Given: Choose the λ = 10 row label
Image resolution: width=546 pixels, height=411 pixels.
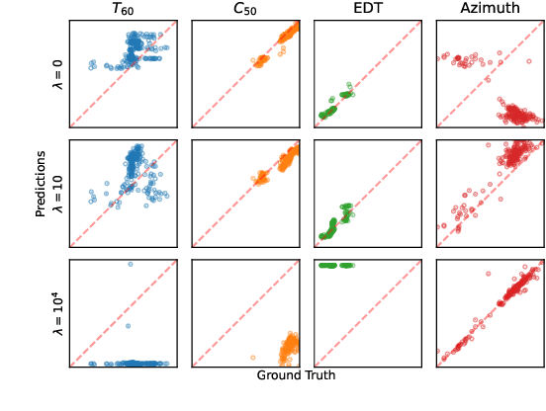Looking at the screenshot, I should (57, 194).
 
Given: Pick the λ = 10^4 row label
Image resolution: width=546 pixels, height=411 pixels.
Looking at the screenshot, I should (57, 313).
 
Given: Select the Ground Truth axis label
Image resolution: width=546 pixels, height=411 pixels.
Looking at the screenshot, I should (296, 375).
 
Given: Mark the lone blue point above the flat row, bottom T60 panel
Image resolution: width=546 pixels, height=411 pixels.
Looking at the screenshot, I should (129, 325).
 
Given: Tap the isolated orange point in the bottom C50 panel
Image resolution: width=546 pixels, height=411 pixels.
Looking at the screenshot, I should (253, 357).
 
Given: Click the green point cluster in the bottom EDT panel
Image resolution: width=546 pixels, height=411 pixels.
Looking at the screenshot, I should (336, 265).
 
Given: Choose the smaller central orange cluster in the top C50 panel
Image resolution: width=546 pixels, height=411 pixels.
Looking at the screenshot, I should (261, 61).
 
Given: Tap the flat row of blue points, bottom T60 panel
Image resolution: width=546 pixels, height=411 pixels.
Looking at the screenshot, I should (129, 364).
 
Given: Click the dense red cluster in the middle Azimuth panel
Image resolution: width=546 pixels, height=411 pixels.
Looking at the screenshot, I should (514, 154).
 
